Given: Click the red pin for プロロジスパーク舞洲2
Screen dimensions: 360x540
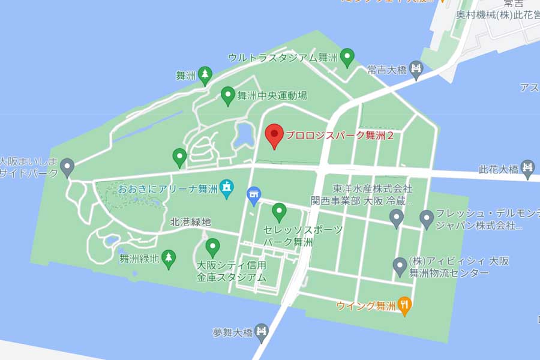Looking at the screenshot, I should (x=274, y=135).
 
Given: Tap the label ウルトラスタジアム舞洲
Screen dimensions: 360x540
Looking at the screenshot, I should (x=281, y=58).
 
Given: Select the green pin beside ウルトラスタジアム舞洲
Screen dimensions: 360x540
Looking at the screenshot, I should (x=347, y=58).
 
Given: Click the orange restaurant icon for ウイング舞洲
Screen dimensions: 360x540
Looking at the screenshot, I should (x=405, y=305).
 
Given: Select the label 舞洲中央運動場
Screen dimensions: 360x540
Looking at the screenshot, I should (x=272, y=95).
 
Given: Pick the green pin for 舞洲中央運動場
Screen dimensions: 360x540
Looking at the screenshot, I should (x=227, y=95).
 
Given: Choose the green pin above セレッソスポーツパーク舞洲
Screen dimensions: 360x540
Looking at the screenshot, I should (x=278, y=211).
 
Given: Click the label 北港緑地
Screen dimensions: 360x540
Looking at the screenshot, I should (x=191, y=221).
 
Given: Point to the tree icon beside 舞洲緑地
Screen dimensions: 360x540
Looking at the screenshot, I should (x=169, y=257).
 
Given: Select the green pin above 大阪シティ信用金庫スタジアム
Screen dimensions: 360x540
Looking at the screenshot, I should (x=212, y=247).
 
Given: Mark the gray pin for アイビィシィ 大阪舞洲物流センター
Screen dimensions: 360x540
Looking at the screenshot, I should (x=400, y=265).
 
